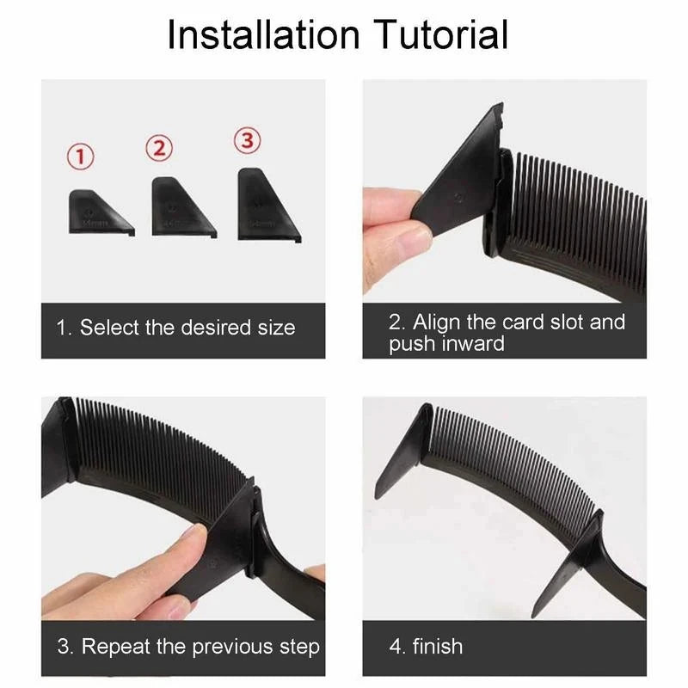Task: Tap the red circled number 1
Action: pos(82,157)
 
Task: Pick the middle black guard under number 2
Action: pos(180,207)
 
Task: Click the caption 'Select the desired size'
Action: pos(187,328)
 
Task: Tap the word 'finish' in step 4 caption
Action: pos(437,646)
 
